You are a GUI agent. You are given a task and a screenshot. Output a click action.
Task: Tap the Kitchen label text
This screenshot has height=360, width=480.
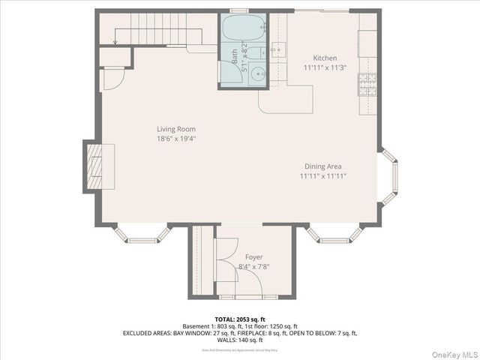coord(325,58)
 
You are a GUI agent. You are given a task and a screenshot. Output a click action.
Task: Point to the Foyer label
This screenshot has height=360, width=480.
coord(253,257)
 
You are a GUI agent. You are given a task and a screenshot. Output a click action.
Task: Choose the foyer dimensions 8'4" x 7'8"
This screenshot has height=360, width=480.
coord(253,266)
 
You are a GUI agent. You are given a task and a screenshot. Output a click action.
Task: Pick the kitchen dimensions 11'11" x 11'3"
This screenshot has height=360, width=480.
coord(325,67)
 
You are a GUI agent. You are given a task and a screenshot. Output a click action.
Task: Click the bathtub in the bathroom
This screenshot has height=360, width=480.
coord(241,30)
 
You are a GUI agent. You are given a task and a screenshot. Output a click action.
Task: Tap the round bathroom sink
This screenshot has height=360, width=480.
coord(259,74)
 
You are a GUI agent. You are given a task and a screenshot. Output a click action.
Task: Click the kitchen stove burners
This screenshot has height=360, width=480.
coord(367,85)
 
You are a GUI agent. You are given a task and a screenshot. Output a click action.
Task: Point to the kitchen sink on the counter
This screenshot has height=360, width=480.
coord(278,50)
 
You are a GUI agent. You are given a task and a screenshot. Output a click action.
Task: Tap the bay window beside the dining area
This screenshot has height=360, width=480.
coord(388,176)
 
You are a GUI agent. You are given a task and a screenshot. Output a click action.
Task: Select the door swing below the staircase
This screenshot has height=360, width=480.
coord(111,78)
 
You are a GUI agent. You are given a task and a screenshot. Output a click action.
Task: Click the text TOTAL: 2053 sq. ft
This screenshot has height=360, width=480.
coord(239,319)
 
